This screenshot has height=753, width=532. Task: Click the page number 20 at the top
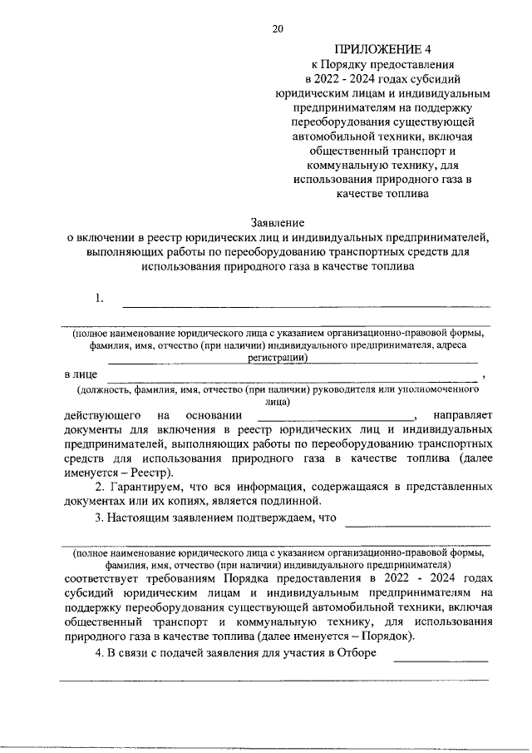point(278,30)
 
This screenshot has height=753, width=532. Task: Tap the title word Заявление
point(278,223)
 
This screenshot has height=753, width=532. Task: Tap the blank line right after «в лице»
point(291,379)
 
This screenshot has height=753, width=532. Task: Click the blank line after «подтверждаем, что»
point(417,523)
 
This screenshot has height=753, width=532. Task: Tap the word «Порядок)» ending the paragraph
point(389,637)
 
